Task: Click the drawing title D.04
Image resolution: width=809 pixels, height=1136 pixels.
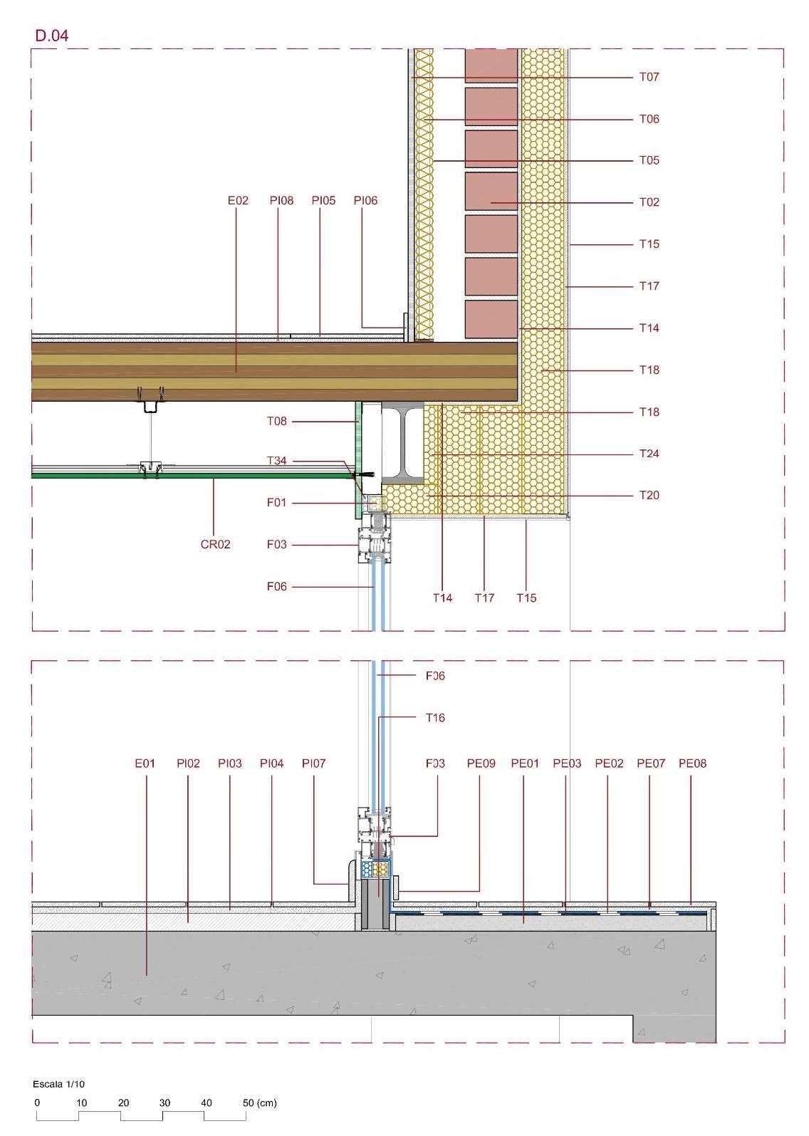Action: (51, 36)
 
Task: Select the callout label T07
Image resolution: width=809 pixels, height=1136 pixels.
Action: (649, 77)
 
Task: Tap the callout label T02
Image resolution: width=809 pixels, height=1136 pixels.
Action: (649, 202)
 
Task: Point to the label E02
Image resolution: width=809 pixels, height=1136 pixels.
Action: (238, 201)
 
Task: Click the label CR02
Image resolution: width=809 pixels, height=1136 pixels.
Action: (215, 545)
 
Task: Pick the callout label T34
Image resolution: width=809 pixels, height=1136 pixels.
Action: (276, 461)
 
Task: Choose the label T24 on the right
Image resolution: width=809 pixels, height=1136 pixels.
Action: (649, 454)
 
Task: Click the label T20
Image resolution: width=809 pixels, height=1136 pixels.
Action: (649, 496)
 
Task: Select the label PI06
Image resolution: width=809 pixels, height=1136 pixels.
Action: (365, 201)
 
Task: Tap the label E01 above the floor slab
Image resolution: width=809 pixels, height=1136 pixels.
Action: (145, 764)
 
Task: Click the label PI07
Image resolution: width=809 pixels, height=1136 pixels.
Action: (313, 764)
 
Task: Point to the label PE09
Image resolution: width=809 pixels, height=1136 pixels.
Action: (481, 764)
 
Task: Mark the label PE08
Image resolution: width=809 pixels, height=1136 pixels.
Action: (692, 764)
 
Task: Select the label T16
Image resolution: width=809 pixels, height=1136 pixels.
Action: (434, 718)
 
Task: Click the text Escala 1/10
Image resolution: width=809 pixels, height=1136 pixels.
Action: (59, 1084)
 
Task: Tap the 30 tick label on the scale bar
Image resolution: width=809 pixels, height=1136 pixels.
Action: (165, 1103)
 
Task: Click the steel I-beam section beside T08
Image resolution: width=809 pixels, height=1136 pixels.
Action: (402, 442)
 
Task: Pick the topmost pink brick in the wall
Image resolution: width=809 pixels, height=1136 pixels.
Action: (491, 66)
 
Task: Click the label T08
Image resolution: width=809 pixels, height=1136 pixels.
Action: (276, 422)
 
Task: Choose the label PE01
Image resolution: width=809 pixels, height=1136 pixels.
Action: (525, 764)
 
